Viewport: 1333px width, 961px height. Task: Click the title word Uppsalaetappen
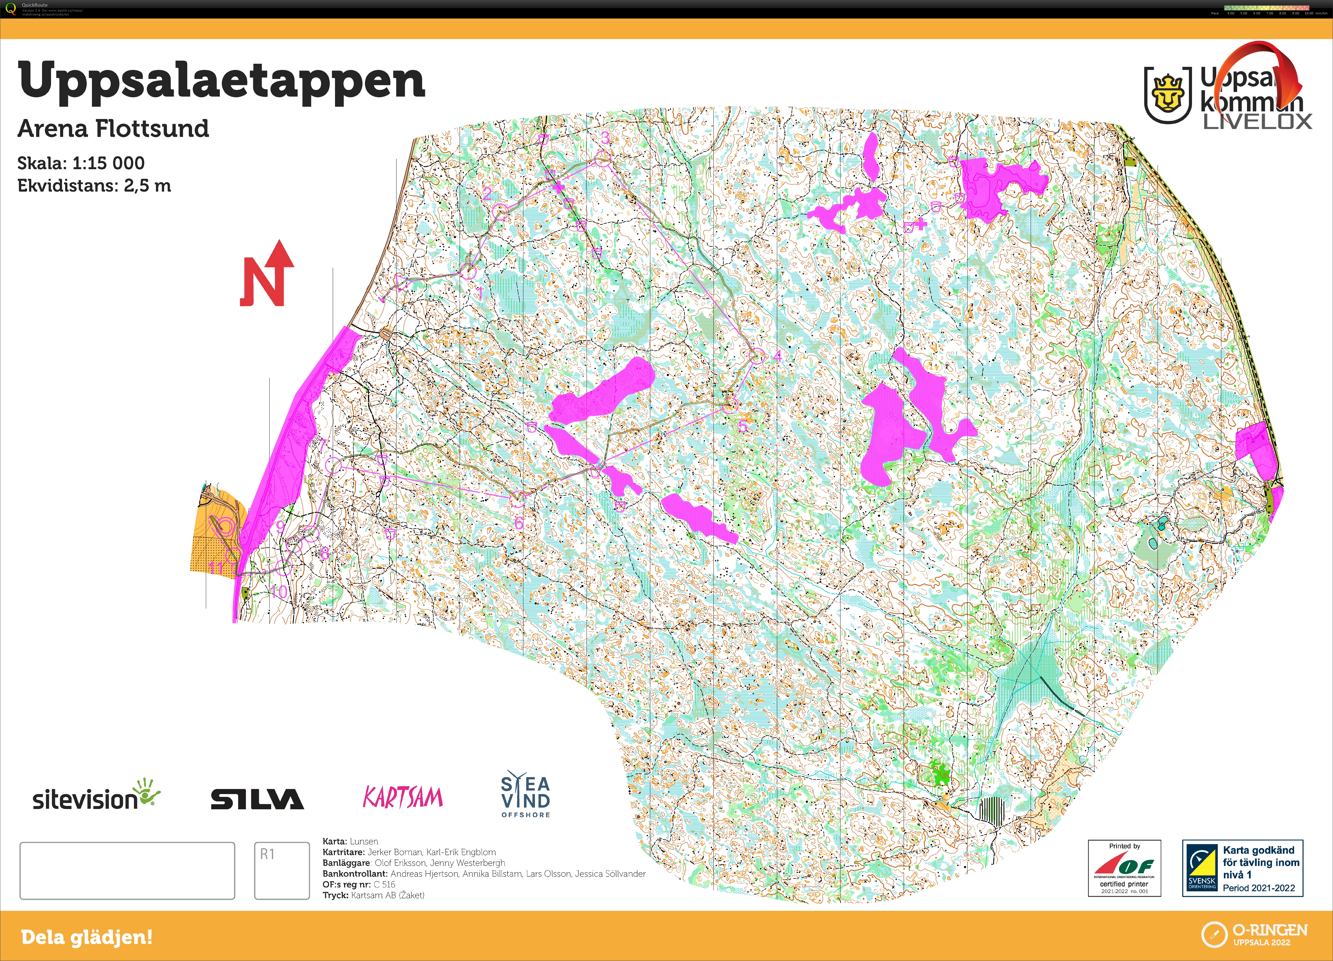click(x=222, y=81)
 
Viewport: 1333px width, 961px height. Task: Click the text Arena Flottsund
click(x=113, y=128)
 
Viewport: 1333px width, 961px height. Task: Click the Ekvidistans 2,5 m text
click(x=94, y=186)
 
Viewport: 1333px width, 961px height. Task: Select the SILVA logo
click(x=257, y=799)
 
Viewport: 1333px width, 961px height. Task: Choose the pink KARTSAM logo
click(x=403, y=798)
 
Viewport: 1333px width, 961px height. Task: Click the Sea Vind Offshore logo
click(x=525, y=795)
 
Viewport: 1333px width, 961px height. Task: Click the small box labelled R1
click(x=281, y=870)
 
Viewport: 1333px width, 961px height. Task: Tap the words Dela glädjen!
click(x=86, y=937)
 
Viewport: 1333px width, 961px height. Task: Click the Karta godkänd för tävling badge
click(x=1242, y=868)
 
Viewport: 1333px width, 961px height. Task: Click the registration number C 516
click(x=384, y=885)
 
